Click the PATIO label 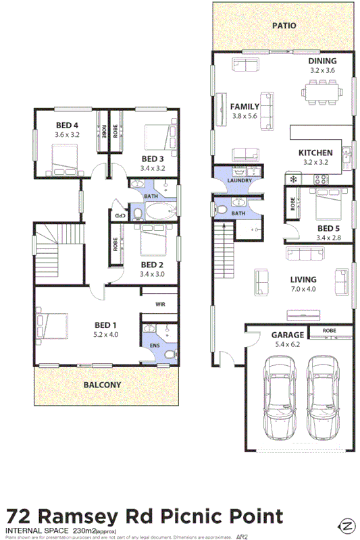284,26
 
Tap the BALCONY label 103,385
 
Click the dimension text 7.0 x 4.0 303,289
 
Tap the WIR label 160,305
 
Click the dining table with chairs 322,90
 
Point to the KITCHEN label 315,153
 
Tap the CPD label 119,215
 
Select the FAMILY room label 245,107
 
